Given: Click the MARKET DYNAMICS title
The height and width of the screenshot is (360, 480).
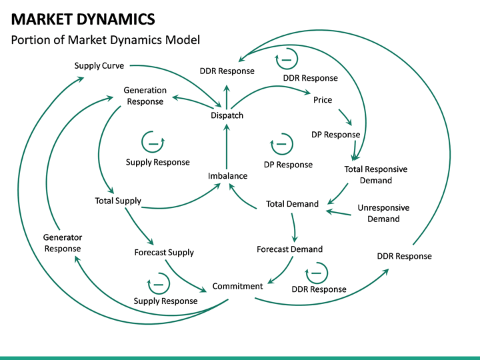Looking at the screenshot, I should (83, 19).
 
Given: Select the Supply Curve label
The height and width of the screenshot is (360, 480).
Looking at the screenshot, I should (99, 65).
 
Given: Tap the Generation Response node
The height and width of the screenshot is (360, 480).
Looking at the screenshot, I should (145, 96).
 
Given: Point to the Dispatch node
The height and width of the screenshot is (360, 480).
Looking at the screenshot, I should (227, 115).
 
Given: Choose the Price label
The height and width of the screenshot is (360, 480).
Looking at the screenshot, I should (323, 100).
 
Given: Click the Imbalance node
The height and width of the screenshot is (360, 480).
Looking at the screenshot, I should (227, 176).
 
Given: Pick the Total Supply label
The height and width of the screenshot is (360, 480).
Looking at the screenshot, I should (118, 201).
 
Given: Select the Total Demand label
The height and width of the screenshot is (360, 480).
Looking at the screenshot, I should (292, 204).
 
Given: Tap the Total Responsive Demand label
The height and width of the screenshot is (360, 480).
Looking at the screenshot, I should (375, 175).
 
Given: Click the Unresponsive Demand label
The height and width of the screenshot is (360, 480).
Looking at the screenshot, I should (383, 213).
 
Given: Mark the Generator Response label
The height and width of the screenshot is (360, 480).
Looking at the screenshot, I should (63, 243).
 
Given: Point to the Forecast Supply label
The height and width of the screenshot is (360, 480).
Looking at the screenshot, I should (164, 253).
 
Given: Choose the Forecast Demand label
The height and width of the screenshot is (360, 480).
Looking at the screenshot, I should (289, 249).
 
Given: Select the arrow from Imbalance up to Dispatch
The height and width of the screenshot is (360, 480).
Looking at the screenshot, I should (227, 147).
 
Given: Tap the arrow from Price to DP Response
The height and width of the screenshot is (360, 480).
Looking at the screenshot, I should (344, 117).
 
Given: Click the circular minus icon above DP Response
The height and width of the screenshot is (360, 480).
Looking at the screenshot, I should (281, 143).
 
